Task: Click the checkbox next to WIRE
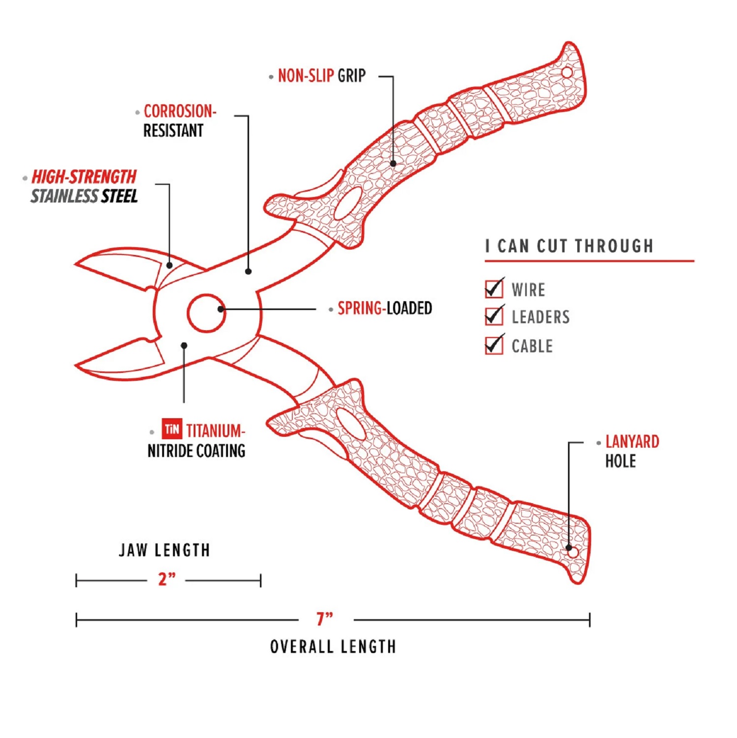point(494,289)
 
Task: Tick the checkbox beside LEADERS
point(494,316)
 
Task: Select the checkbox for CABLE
point(494,345)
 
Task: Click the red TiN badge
point(172,429)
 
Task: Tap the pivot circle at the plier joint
point(206,313)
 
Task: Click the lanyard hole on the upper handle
point(567,73)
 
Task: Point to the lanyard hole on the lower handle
point(573,552)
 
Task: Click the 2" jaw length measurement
point(167,579)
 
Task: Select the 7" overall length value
point(325,619)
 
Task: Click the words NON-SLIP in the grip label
point(306,76)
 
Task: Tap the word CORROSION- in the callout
point(180,112)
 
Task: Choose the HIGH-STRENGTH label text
point(84,177)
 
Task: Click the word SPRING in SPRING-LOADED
point(360,309)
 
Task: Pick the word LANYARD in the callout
point(632,442)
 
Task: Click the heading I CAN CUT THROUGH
point(569,246)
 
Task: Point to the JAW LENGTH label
point(165,550)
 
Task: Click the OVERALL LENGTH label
point(333,647)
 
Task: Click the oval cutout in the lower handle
point(351,424)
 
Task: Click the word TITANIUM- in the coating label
point(215,431)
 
